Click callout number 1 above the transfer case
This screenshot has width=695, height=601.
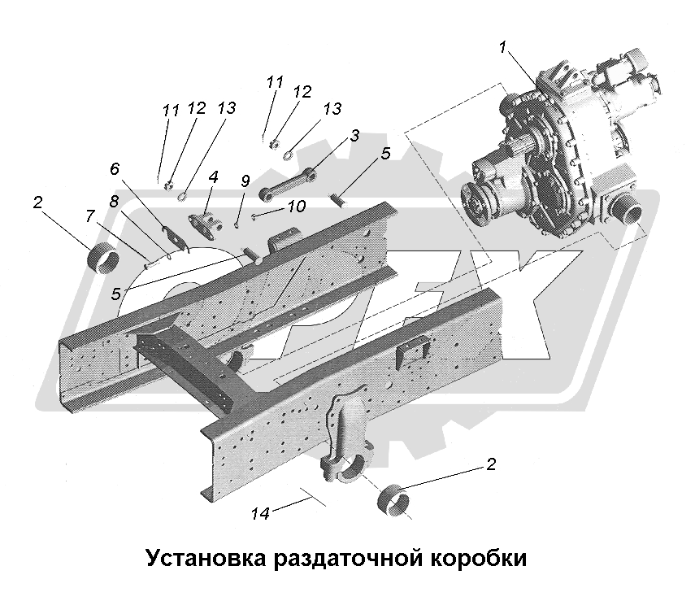[x=505, y=48]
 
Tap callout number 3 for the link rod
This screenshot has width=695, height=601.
[x=354, y=134]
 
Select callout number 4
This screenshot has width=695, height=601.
[x=214, y=176]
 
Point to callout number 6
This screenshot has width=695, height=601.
[x=115, y=168]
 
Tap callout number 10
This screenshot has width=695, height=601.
[x=296, y=207]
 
